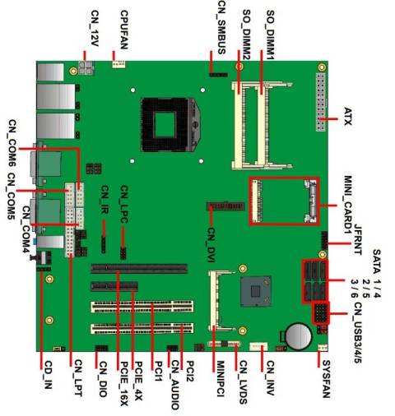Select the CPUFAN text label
tap(123, 25)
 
